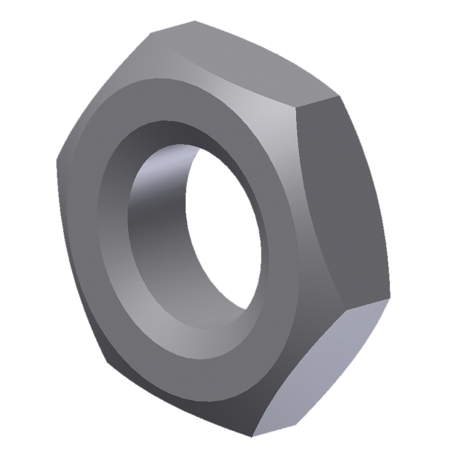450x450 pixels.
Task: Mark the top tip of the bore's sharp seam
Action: point(201,148)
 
